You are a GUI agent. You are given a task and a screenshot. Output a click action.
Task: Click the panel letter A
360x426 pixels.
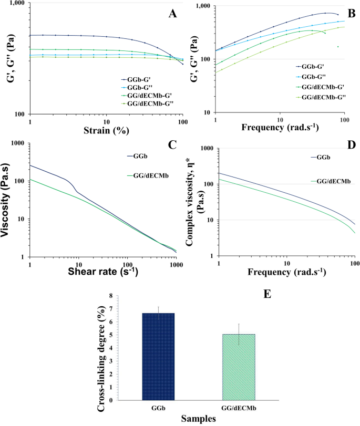pyautogui.click(x=172, y=14)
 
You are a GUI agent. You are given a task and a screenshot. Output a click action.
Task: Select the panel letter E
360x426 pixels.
pyautogui.click(x=268, y=294)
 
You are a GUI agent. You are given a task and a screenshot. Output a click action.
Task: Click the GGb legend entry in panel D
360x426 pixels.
pyautogui.click(x=321, y=157)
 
